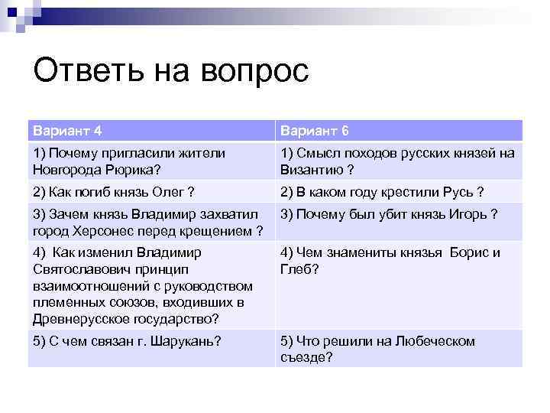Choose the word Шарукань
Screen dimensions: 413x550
click(x=183, y=342)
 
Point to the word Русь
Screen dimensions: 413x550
click(x=448, y=191)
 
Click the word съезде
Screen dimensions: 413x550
click(x=306, y=356)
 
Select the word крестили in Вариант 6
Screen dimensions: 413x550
click(x=402, y=191)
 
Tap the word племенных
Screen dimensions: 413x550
click(x=71, y=302)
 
